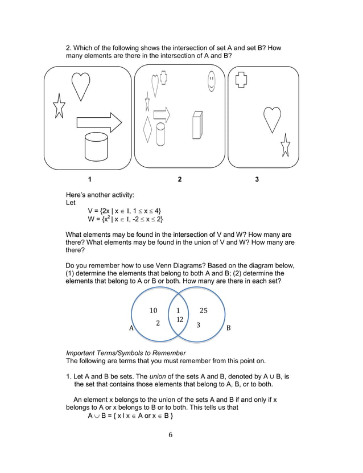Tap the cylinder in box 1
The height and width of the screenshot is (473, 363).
point(96,146)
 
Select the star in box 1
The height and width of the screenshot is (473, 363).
point(59,106)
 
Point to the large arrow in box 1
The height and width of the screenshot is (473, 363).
point(99,122)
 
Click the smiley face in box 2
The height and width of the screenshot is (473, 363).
point(212,81)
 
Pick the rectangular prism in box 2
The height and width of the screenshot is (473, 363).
point(197,125)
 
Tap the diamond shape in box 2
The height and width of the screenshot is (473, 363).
point(148,130)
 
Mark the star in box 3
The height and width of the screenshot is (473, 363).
point(285,146)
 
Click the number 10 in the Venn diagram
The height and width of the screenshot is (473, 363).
point(153,310)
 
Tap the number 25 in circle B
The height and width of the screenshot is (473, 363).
point(204,310)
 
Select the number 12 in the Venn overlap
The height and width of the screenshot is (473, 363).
point(179,320)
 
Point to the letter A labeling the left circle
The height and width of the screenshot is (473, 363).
point(131,328)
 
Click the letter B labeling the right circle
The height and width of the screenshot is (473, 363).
point(229,328)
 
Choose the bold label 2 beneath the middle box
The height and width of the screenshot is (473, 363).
point(180,179)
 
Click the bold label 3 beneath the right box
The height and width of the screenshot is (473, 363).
point(257,179)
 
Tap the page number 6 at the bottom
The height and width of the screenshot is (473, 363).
point(170,435)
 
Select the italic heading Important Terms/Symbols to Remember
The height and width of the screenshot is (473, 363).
point(126,353)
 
